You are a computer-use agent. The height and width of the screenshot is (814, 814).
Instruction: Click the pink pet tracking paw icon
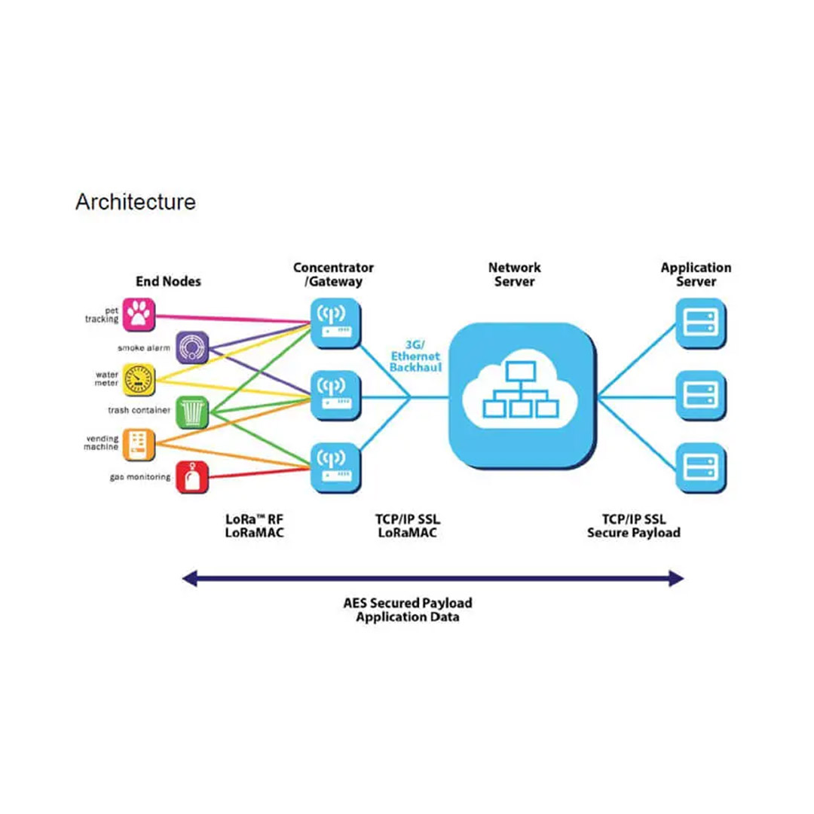click(137, 314)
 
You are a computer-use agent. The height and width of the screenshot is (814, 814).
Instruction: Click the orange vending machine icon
click(137, 444)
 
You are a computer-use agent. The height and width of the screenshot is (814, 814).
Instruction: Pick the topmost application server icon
click(700, 323)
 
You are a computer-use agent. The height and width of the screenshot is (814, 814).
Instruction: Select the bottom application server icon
click(700, 467)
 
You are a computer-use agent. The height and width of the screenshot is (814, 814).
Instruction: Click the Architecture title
click(136, 202)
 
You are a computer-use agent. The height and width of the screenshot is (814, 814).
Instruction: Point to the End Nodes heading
click(168, 281)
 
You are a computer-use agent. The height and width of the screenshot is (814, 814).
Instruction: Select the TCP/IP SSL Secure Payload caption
click(633, 526)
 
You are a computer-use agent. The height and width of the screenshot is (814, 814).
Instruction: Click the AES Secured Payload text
click(408, 602)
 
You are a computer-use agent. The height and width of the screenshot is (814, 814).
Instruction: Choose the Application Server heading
click(696, 274)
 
